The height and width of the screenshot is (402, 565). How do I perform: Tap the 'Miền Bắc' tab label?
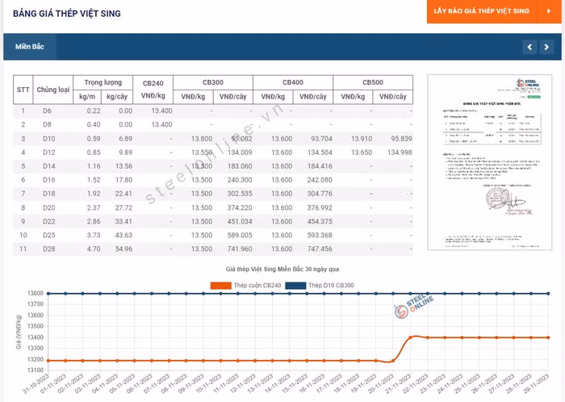(29, 47)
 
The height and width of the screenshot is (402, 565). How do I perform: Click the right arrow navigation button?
(547, 47)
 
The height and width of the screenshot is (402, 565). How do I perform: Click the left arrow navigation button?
(529, 47)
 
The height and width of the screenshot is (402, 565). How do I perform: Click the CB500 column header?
(372, 82)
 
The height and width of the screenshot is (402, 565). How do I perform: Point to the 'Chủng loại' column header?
(53, 90)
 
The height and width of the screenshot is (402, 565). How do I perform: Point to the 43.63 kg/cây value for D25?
(123, 235)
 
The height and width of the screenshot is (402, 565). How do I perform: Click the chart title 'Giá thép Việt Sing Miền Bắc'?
(282, 268)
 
